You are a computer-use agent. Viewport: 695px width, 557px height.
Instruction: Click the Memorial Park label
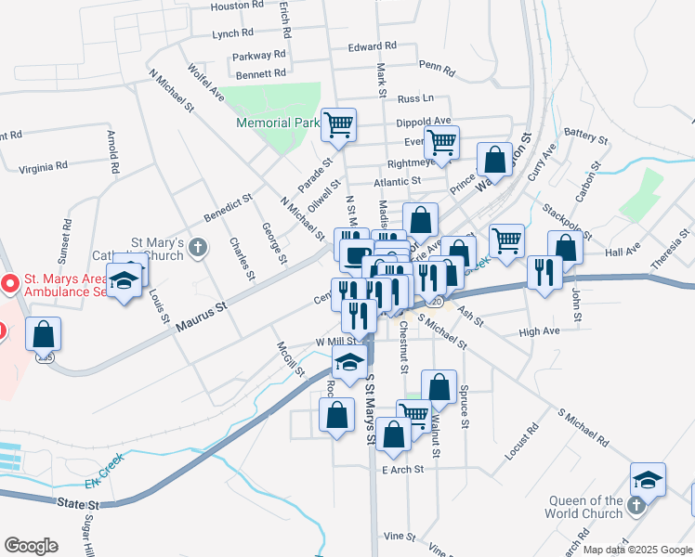[278, 123]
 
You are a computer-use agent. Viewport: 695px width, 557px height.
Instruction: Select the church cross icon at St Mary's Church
[197, 247]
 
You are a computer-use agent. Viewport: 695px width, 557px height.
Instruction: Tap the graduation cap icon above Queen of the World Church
[649, 479]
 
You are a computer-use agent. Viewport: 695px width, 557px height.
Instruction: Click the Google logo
[30, 546]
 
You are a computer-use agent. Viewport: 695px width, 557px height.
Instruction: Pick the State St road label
[76, 502]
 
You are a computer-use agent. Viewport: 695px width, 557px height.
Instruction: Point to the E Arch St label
[402, 470]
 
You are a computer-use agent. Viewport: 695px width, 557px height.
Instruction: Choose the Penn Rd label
[436, 67]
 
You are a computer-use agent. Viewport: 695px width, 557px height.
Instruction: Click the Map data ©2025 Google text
[636, 550]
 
